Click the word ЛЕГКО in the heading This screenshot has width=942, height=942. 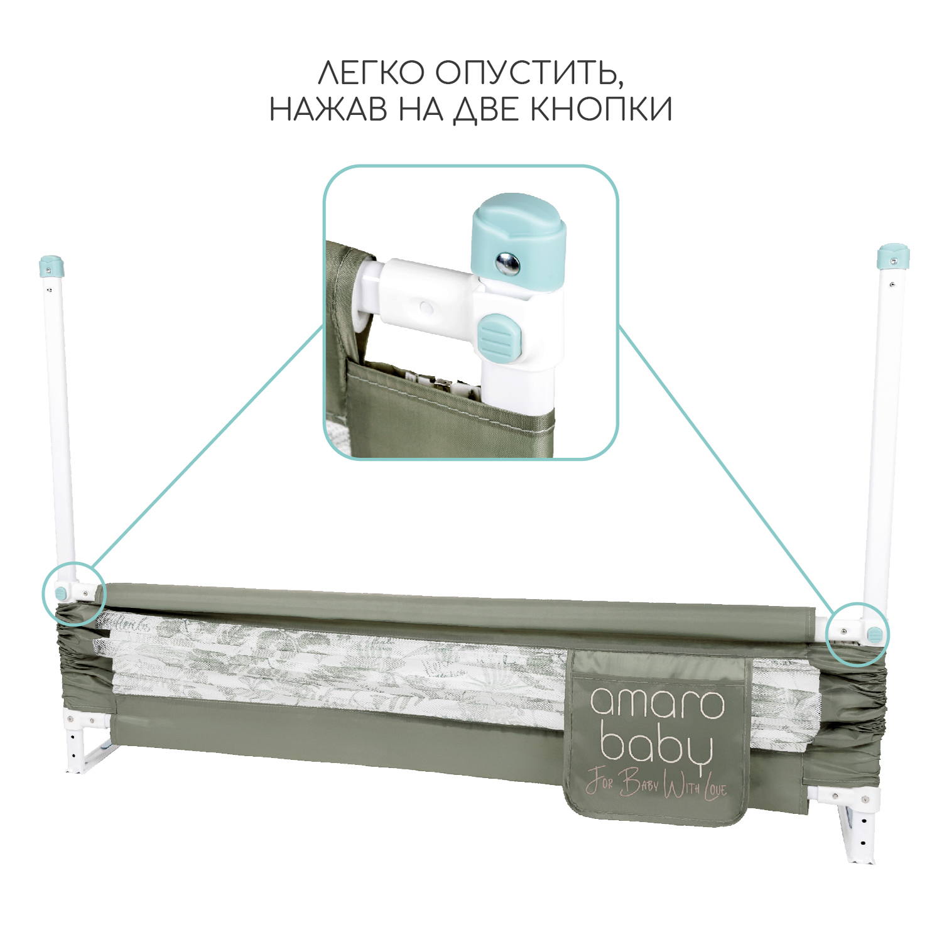pos(371,73)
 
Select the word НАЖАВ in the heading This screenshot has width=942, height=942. pos(328,110)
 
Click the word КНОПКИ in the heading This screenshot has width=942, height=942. pos(601,110)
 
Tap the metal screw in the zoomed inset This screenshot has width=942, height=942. pos(507,264)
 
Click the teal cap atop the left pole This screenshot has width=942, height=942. pos(51,266)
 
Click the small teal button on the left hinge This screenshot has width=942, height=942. pos(62,592)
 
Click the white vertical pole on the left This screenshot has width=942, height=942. pos(61,427)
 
